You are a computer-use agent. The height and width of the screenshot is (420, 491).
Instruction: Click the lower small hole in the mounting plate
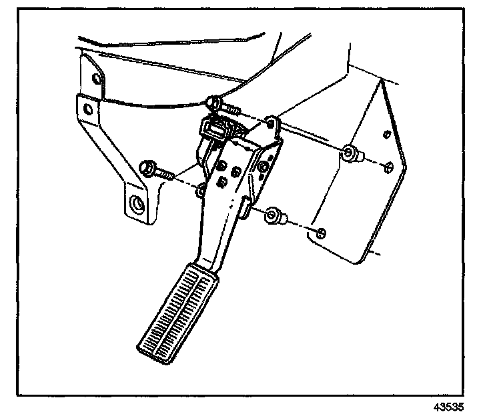(x=321, y=233)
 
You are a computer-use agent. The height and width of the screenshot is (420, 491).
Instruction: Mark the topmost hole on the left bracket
(x=97, y=79)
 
